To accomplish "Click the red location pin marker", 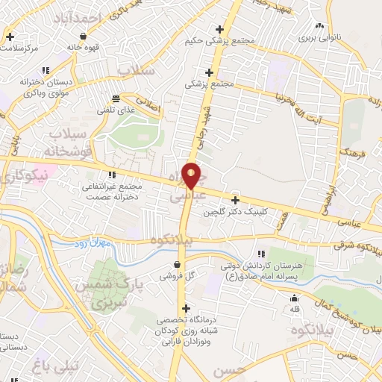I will [191, 177].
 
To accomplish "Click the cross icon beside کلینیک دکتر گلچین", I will [236, 200].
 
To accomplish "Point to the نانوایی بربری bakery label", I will [319, 37].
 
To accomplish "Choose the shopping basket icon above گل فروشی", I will [177, 264].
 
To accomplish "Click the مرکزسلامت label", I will [20, 48].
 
